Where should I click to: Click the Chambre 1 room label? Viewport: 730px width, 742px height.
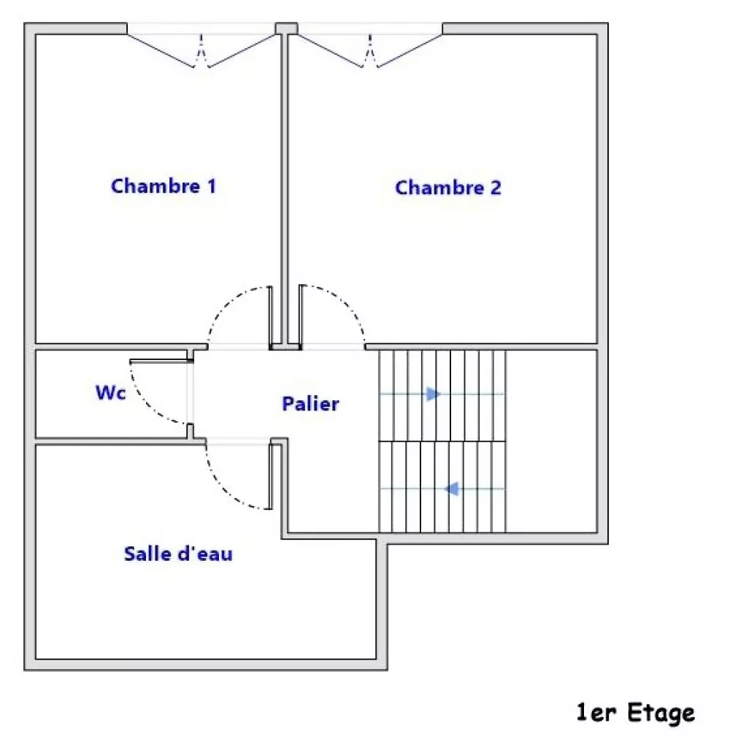click(x=164, y=186)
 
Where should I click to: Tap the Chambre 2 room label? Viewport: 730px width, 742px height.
click(x=447, y=188)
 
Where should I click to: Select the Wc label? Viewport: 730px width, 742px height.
click(x=111, y=393)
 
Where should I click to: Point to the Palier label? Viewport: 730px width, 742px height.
click(x=310, y=404)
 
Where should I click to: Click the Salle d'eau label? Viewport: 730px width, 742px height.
click(x=178, y=554)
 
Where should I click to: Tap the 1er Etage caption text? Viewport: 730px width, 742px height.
click(x=635, y=712)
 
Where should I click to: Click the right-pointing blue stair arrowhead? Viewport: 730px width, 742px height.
click(x=433, y=394)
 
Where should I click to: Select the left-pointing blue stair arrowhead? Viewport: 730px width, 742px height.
click(x=453, y=489)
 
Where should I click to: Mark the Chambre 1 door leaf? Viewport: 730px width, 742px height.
click(x=271, y=318)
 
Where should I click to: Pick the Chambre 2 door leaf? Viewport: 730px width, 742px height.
click(x=301, y=317)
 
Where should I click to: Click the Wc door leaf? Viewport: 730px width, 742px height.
click(x=161, y=362)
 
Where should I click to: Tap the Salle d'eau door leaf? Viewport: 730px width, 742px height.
click(x=271, y=476)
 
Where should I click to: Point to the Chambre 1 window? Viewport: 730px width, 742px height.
click(x=201, y=45)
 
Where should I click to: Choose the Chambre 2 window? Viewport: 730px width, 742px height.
click(x=370, y=45)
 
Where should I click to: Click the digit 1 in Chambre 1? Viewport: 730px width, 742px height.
click(x=212, y=186)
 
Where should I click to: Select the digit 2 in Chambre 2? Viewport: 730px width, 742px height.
click(x=496, y=188)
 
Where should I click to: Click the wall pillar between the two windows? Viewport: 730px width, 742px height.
click(x=287, y=28)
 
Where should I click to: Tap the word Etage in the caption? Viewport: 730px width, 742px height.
click(x=661, y=713)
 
